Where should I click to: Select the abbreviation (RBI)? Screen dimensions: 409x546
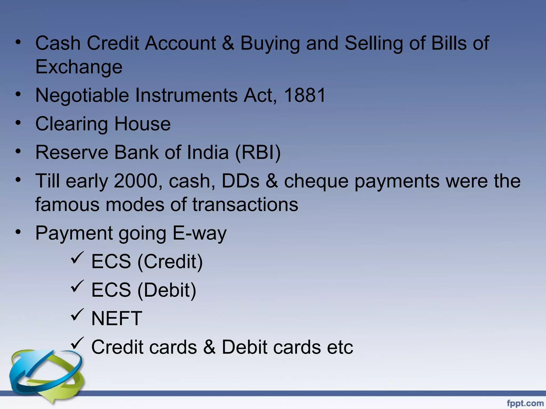(x=258, y=152)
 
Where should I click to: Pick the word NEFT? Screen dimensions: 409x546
(x=117, y=318)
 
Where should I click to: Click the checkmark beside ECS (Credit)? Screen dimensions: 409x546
(x=77, y=257)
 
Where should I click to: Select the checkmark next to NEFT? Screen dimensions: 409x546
(x=77, y=315)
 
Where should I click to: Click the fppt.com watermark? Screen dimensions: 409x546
(x=525, y=403)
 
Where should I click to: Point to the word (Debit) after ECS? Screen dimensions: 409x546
(x=167, y=290)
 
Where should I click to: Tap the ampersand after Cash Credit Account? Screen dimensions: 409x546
(x=228, y=43)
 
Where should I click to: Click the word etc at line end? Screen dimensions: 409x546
(x=340, y=347)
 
